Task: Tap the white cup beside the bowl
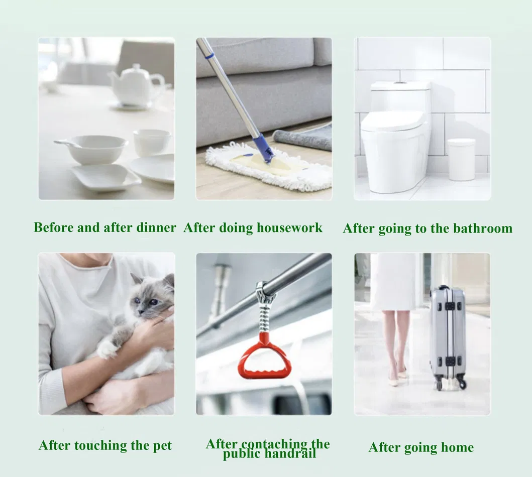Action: tap(151, 142)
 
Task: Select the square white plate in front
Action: tap(105, 176)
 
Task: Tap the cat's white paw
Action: tap(107, 348)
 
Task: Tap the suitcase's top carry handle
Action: tap(443, 289)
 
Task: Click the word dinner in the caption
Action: tap(156, 227)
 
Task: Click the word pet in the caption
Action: tap(162, 445)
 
